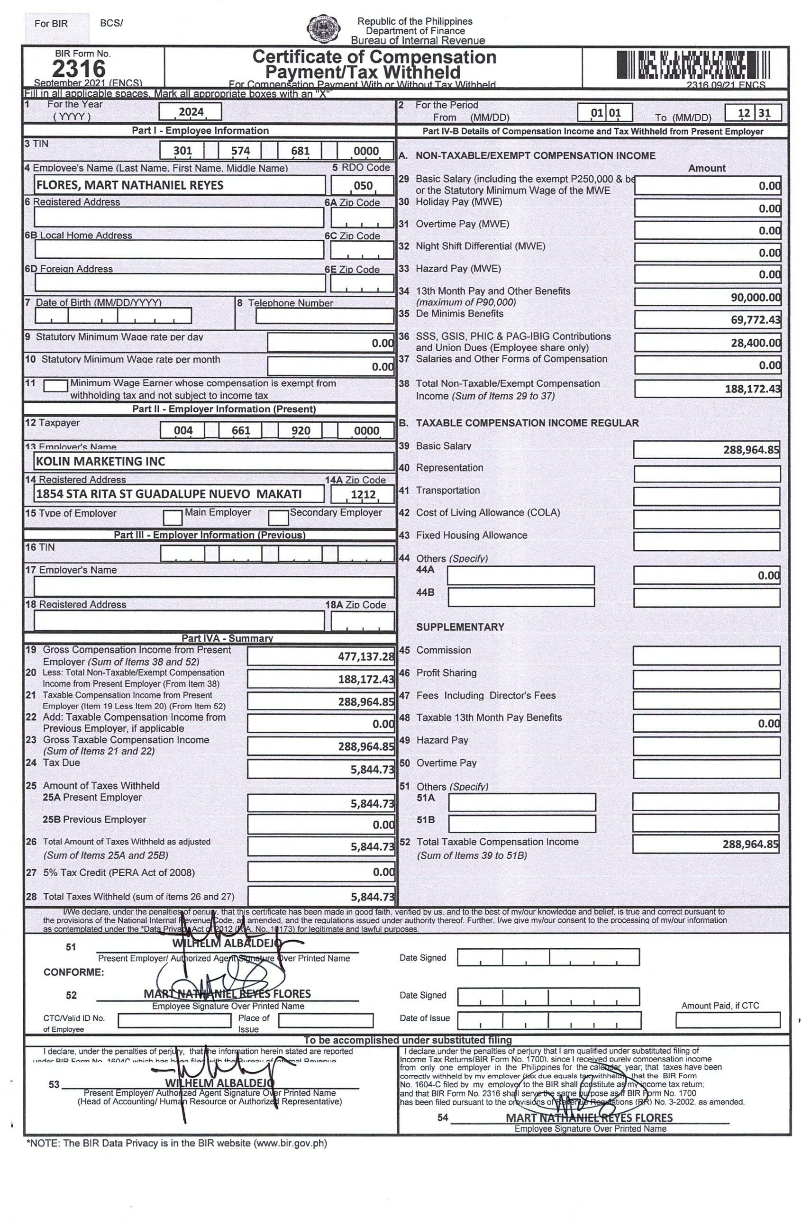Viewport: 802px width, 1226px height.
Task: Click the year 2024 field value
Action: click(190, 112)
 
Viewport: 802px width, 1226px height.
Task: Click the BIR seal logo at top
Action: click(323, 29)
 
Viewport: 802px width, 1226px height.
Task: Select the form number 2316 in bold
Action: click(78, 69)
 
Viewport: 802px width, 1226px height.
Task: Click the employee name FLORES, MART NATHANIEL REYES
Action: click(129, 185)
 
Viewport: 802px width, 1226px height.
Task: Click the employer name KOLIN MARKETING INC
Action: click(100, 461)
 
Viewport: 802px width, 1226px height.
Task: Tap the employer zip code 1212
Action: click(363, 494)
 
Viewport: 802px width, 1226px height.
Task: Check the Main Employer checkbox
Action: click(172, 517)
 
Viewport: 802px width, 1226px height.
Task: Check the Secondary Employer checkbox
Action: click(278, 517)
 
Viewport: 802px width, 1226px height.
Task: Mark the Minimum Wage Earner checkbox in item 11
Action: click(55, 385)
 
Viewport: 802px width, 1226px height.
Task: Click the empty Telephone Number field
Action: click(324, 316)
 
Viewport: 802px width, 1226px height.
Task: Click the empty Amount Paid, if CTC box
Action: click(727, 1019)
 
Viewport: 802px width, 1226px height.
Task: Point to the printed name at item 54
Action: click(588, 1118)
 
